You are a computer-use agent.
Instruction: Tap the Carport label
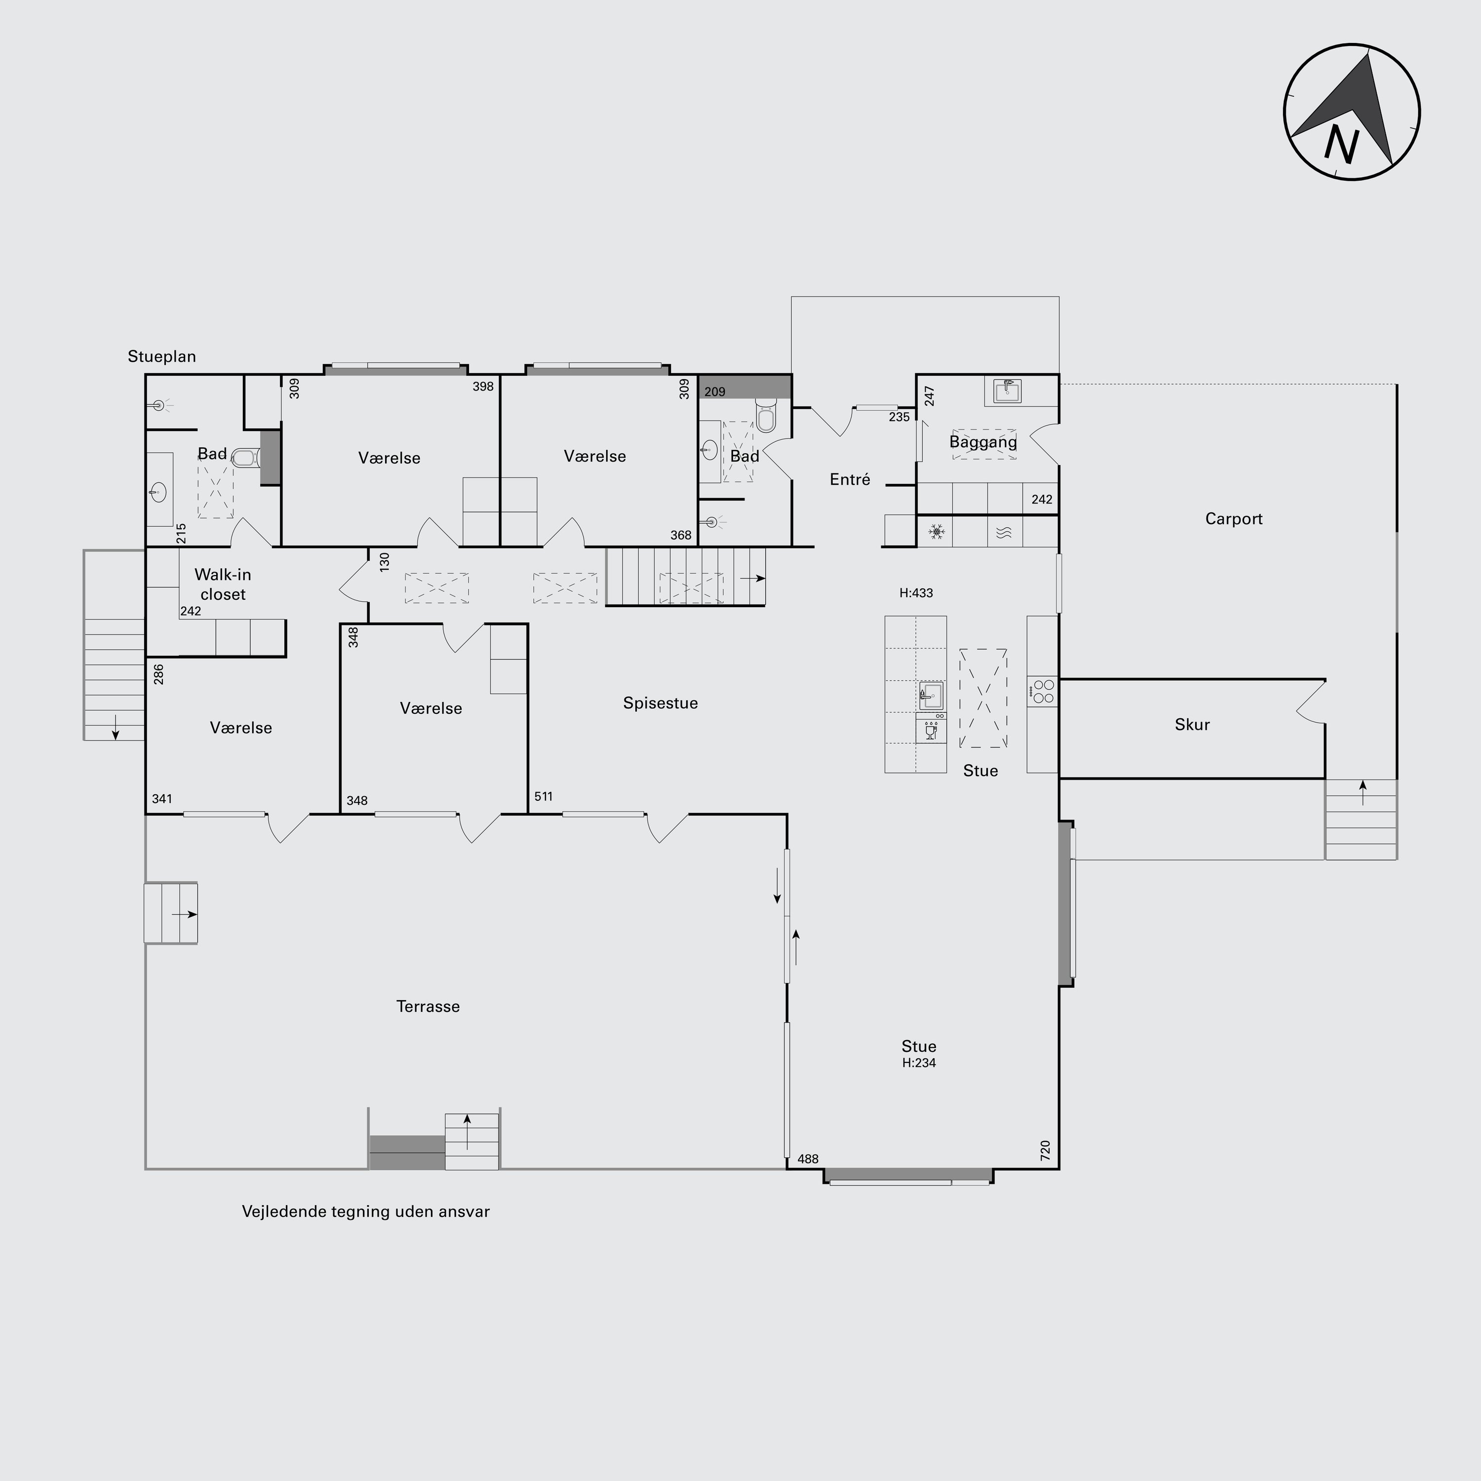click(1233, 519)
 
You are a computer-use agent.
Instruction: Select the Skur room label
click(1192, 724)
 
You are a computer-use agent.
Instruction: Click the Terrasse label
click(428, 1007)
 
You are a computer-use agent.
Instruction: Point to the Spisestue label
click(660, 703)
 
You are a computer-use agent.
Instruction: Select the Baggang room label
click(983, 442)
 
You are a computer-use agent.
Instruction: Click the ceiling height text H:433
click(916, 592)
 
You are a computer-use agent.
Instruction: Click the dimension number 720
click(1045, 1150)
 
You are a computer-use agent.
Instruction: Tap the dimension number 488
click(808, 1159)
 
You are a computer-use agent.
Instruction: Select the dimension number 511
click(544, 796)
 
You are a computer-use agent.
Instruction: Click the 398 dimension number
click(483, 387)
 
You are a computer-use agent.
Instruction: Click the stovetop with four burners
click(1043, 692)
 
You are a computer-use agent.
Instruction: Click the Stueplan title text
click(162, 356)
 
